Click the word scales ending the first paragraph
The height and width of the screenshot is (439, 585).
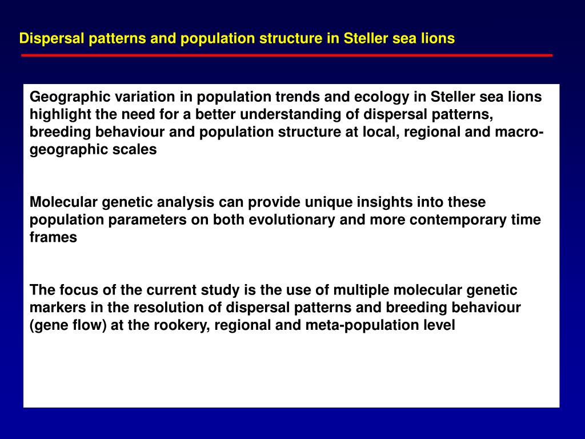(x=137, y=150)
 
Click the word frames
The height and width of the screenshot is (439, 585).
(x=53, y=238)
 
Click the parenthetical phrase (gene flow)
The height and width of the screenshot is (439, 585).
(x=69, y=325)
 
